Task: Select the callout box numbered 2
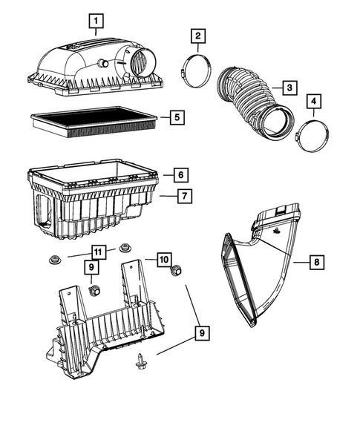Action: [197, 36]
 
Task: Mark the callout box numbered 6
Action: [180, 176]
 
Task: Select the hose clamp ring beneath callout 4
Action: [310, 137]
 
